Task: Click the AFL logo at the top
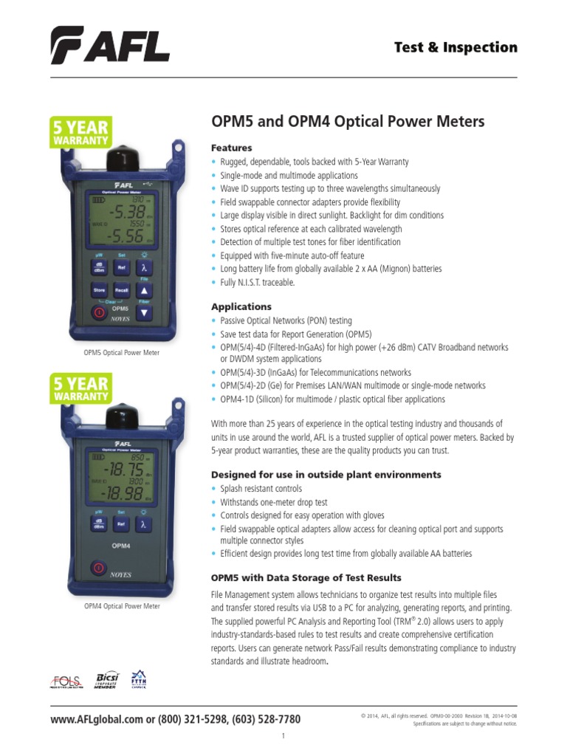[x=110, y=45]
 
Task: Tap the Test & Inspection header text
[x=456, y=47]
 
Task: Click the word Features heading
[x=231, y=148]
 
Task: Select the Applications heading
[x=241, y=306]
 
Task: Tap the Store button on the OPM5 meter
[x=99, y=291]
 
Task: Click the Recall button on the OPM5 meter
[x=122, y=291]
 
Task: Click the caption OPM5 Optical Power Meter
[x=121, y=353]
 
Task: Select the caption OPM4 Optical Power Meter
[x=121, y=606]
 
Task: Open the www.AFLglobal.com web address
[x=96, y=720]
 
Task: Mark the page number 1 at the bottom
[x=283, y=737]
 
